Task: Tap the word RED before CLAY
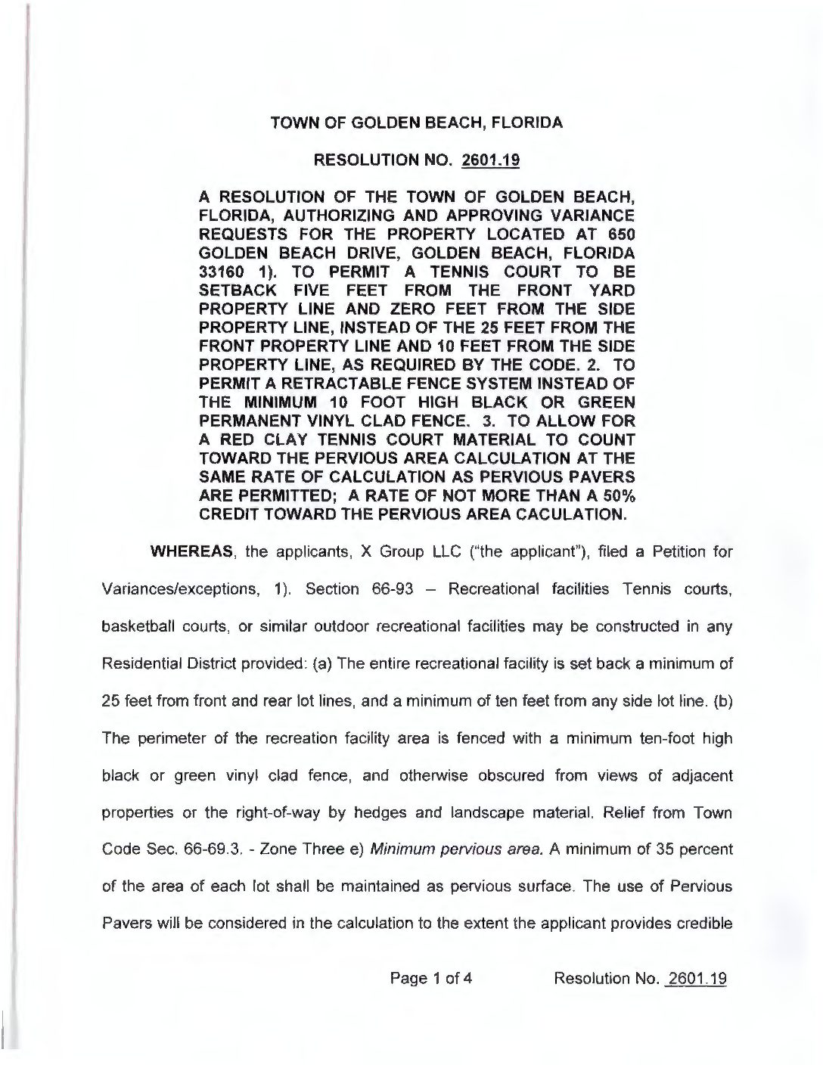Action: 231,440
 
